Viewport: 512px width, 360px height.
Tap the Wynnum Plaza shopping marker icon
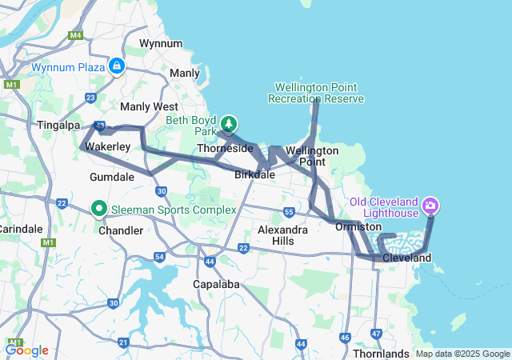tap(118, 66)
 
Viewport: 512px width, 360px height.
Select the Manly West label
tap(149, 106)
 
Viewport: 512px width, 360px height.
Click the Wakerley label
tap(107, 147)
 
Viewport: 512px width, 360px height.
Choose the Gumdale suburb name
tap(112, 176)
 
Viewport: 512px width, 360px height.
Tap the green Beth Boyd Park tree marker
tap(230, 123)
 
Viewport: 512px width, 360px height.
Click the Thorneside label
tap(225, 149)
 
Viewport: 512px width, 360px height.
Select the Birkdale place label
tap(255, 174)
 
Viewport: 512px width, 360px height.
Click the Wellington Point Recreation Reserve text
tap(318, 93)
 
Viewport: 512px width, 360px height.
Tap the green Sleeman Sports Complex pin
tap(100, 209)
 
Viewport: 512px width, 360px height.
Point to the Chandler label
tap(121, 230)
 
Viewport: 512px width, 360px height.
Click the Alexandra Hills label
tap(282, 234)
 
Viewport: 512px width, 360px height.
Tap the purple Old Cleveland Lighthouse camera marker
tap(432, 206)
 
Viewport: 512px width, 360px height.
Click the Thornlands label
tap(381, 353)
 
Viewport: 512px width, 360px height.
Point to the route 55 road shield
tap(289, 212)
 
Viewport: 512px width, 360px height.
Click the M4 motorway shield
tap(76, 36)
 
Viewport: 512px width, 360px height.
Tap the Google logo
tap(26, 350)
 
